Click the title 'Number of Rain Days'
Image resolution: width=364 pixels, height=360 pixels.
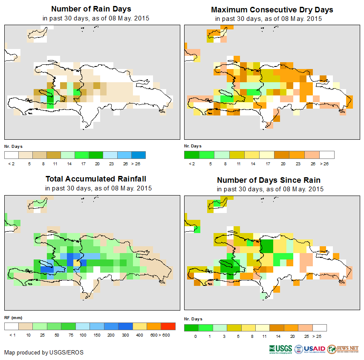pyautogui.click(x=91, y=9)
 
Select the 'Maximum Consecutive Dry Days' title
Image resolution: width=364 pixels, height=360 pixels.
pyautogui.click(x=272, y=9)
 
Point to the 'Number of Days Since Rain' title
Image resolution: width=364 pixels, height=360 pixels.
pyautogui.click(x=269, y=180)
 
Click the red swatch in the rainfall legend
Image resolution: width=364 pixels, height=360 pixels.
pyautogui.click(x=168, y=326)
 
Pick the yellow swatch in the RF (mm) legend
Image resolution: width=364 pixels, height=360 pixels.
pyautogui.click(x=139, y=326)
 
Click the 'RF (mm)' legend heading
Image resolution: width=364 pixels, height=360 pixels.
pyautogui.click(x=13, y=317)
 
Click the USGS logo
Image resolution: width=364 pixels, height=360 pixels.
pyautogui.click(x=280, y=349)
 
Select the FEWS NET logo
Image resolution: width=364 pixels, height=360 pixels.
pyautogui.click(x=343, y=349)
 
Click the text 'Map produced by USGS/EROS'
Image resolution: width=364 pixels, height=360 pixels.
pyautogui.click(x=44, y=352)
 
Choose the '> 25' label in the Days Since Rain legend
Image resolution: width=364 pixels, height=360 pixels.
pyautogui.click(x=320, y=337)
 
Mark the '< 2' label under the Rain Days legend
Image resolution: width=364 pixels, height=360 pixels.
pyautogui.click(x=11, y=164)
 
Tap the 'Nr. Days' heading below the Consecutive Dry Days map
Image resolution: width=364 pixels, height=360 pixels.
pyautogui.click(x=193, y=146)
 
